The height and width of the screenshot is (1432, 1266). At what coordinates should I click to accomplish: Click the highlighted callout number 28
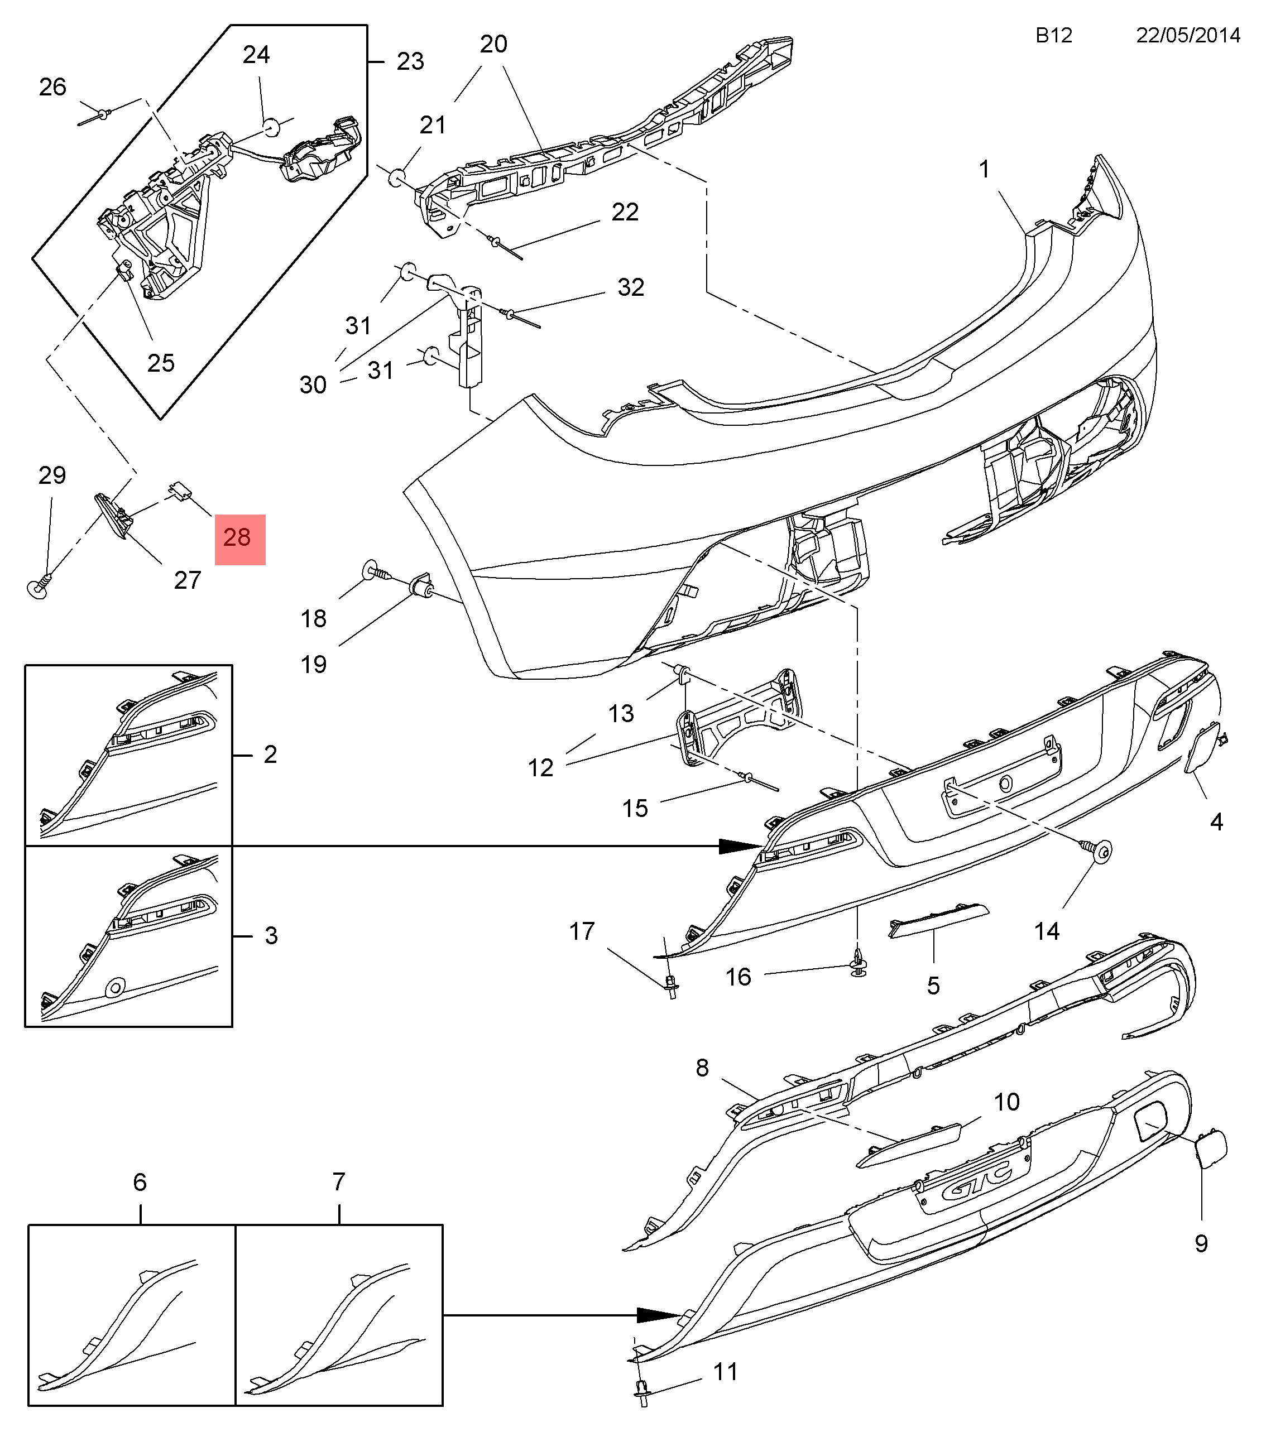[x=239, y=539]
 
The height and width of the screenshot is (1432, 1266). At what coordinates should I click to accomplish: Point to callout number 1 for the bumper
[x=984, y=169]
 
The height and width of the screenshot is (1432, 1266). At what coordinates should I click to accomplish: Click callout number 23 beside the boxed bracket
[x=410, y=61]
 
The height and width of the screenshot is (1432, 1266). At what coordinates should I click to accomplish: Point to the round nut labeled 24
[x=272, y=126]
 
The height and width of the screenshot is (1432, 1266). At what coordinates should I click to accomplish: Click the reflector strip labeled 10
[x=907, y=1146]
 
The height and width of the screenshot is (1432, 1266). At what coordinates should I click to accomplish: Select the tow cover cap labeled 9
[x=1210, y=1149]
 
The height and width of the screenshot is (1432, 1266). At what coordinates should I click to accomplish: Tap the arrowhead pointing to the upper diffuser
[x=739, y=847]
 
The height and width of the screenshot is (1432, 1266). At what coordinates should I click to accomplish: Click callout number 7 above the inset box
[x=338, y=1182]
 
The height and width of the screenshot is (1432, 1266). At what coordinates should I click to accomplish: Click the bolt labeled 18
[x=374, y=571]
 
